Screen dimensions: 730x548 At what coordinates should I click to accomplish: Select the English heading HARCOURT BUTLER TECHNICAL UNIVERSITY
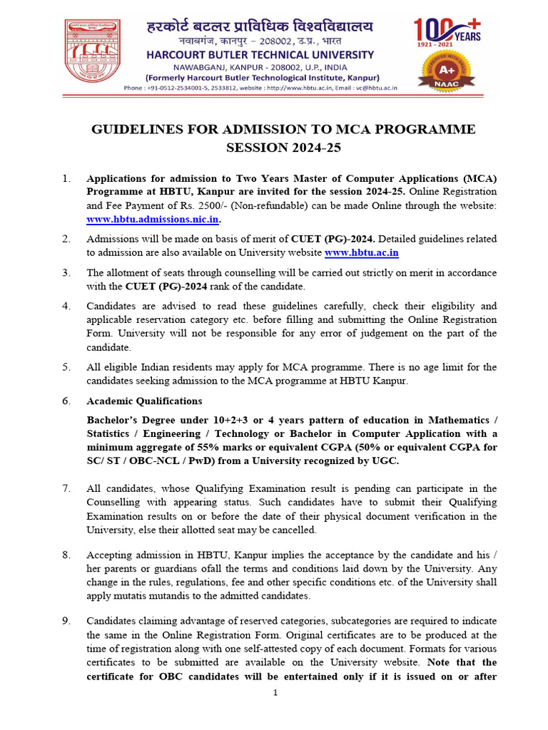pyautogui.click(x=261, y=55)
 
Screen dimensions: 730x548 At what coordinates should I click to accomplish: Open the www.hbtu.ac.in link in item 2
pyautogui.click(x=362, y=252)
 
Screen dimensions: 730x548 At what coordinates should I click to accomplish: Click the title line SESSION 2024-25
pyautogui.click(x=283, y=148)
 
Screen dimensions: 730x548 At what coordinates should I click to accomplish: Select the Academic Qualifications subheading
pyautogui.click(x=144, y=401)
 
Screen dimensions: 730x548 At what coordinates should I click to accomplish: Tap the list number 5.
pyautogui.click(x=66, y=367)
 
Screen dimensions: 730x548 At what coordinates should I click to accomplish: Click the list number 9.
pyautogui.click(x=66, y=621)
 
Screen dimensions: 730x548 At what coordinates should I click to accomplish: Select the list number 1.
pyautogui.click(x=66, y=178)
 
